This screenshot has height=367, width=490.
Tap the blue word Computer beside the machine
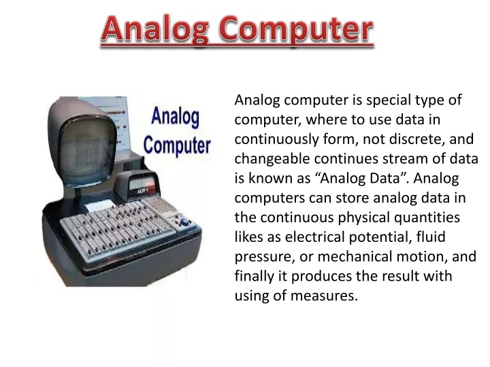click(177, 145)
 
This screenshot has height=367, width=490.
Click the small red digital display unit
click(141, 186)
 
